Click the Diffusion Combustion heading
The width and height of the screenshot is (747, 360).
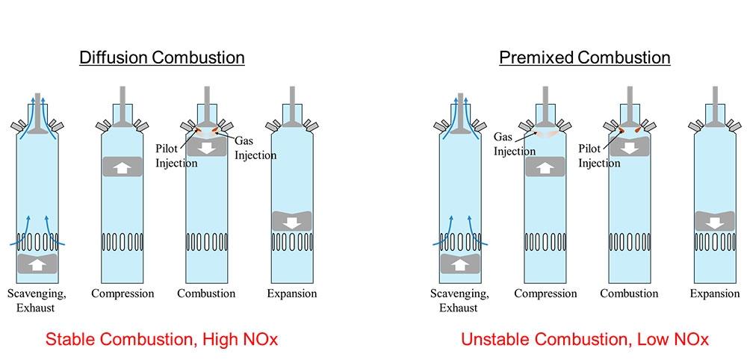click(x=162, y=58)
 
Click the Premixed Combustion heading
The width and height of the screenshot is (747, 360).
click(x=585, y=58)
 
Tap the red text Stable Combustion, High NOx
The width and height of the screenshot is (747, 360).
click(x=162, y=340)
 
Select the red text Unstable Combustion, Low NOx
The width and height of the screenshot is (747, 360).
click(x=585, y=340)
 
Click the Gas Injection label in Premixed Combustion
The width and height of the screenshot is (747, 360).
click(x=515, y=144)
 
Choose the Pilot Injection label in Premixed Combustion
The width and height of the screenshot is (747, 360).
click(x=599, y=155)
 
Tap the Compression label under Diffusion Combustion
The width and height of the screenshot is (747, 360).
click(x=123, y=294)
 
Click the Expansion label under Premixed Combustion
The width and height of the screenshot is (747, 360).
click(x=714, y=294)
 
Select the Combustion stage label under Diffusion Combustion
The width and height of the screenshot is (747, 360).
click(x=207, y=294)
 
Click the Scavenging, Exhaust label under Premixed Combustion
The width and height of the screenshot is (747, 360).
click(x=459, y=300)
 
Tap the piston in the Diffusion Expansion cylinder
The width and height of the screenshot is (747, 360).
click(x=291, y=222)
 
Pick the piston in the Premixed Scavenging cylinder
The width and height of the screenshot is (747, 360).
click(x=459, y=264)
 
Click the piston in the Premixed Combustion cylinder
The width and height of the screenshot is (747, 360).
click(x=629, y=147)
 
